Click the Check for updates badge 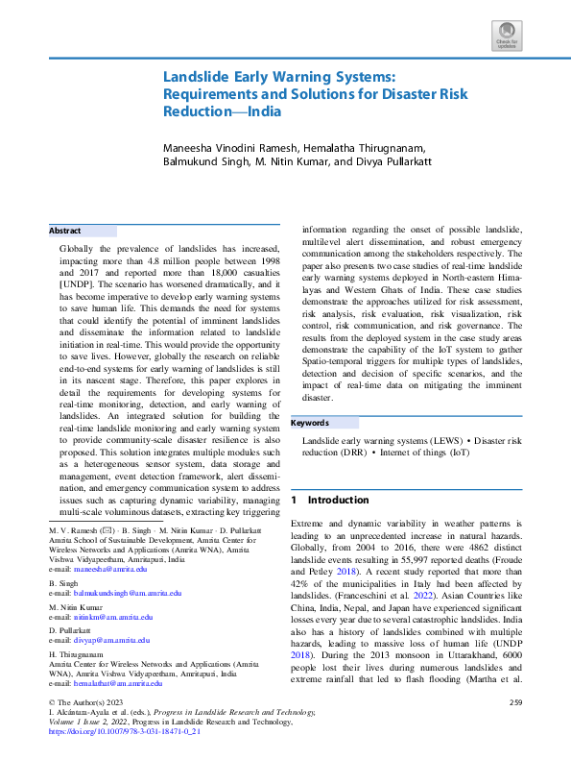point(506,37)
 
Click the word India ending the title point(265,110)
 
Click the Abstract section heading point(65,232)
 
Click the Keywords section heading point(310,423)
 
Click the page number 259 point(515,704)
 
